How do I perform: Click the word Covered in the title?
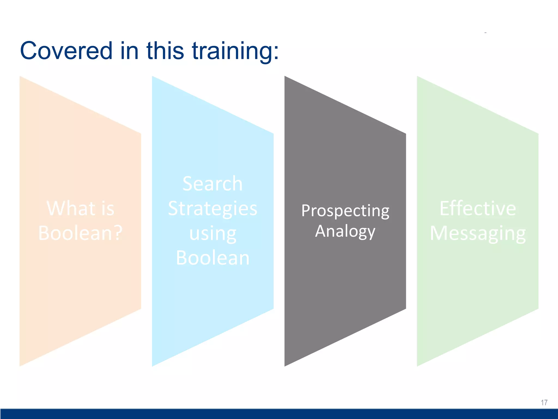click(66, 51)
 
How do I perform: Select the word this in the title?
click(165, 51)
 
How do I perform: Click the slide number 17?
click(544, 403)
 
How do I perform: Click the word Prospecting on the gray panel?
click(345, 211)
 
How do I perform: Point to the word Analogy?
click(345, 232)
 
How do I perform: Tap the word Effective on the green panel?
click(478, 208)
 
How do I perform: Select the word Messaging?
click(478, 234)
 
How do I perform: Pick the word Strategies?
click(213, 208)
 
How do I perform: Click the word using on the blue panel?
click(213, 234)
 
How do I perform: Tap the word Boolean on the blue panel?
click(213, 258)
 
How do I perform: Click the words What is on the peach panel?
click(80, 208)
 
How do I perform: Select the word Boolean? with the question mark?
click(80, 233)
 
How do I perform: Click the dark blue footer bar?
click(279, 414)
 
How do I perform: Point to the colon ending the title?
click(276, 52)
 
